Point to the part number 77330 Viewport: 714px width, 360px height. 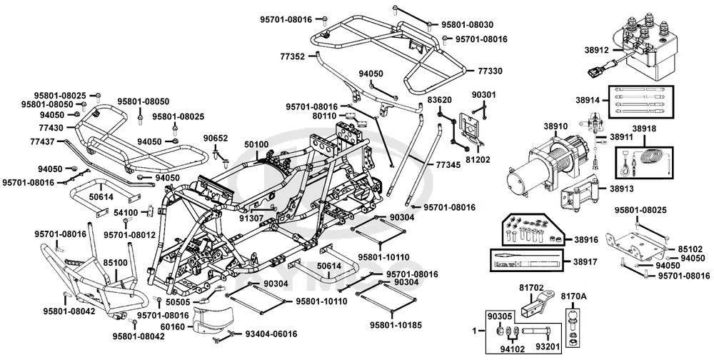click(x=489, y=71)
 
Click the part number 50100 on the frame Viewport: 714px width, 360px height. click(x=256, y=144)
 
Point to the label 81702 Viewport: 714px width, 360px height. click(x=531, y=288)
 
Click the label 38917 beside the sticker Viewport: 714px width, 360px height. click(x=584, y=261)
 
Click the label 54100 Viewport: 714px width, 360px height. click(x=126, y=213)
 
